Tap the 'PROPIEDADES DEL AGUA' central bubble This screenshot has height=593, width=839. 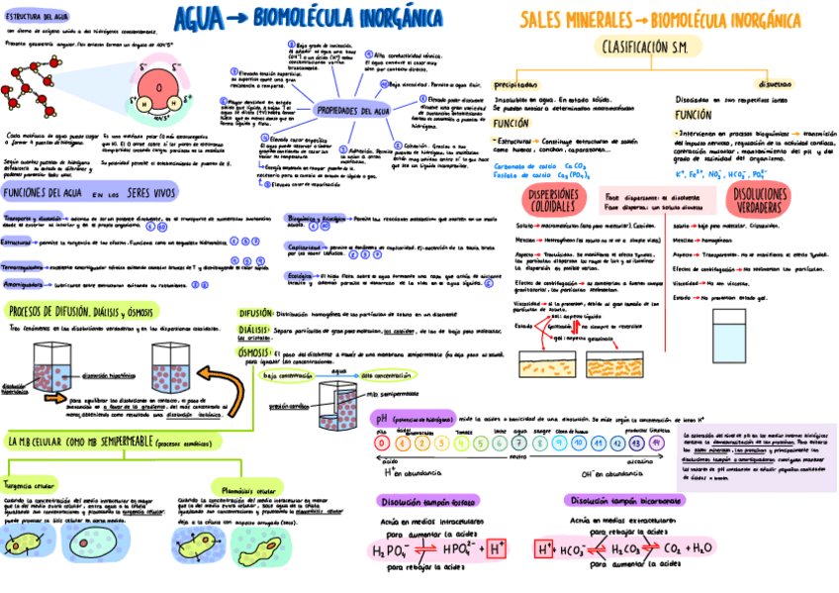click(352, 110)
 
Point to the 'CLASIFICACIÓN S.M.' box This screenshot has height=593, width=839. click(643, 47)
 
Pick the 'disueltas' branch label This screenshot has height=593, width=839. click(774, 84)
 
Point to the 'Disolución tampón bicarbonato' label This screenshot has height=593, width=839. click(620, 500)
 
